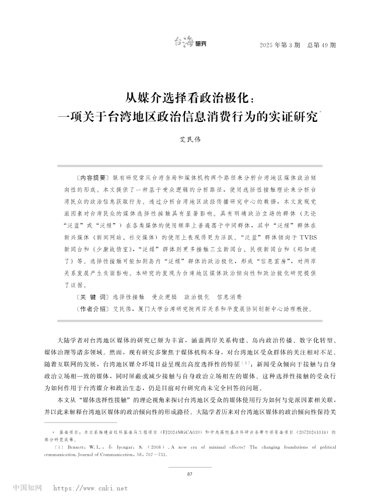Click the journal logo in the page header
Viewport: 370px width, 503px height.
[x=190, y=43]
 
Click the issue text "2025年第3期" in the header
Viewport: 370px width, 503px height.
[x=280, y=45]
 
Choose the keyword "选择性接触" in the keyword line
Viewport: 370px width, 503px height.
[x=129, y=297]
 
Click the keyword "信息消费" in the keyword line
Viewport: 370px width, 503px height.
[x=229, y=297]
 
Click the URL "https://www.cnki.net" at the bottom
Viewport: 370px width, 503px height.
[x=90, y=488]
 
